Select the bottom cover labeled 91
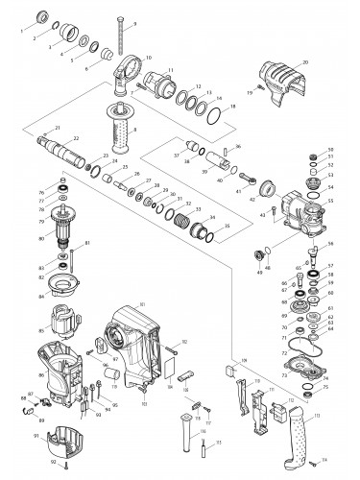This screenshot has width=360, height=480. click(65, 439)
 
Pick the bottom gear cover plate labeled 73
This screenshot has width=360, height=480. click(311, 364)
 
